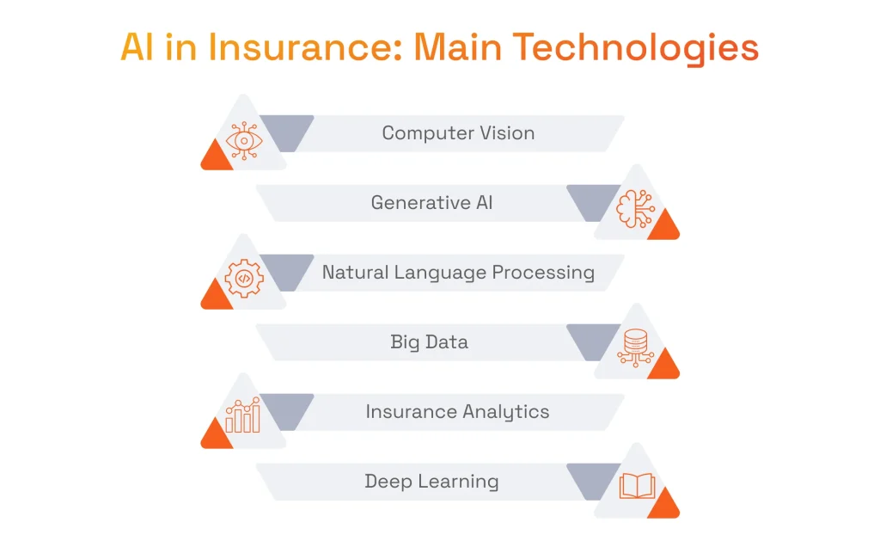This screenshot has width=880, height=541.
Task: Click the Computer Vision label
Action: point(458,133)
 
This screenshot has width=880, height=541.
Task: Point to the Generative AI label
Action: point(431,203)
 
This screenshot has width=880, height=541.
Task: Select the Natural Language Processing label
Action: point(458,273)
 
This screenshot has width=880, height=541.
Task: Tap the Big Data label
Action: point(429,342)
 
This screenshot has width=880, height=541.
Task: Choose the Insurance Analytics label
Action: point(457,412)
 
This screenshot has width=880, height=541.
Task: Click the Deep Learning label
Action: point(431,482)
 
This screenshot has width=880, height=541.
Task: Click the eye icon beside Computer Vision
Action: point(244,140)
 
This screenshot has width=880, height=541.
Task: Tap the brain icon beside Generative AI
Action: point(636,209)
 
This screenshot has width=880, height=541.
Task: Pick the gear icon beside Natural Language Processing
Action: point(244,279)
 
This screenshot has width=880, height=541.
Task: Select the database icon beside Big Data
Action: point(636,348)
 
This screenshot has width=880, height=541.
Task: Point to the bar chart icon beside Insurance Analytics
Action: point(243,416)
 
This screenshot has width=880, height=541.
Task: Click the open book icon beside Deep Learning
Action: point(637,487)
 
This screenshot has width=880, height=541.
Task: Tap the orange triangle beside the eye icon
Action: point(216,157)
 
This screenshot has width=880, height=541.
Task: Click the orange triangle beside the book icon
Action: point(663,507)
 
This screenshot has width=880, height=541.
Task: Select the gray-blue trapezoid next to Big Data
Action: point(594,341)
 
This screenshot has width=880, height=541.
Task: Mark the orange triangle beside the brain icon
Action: point(663,227)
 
